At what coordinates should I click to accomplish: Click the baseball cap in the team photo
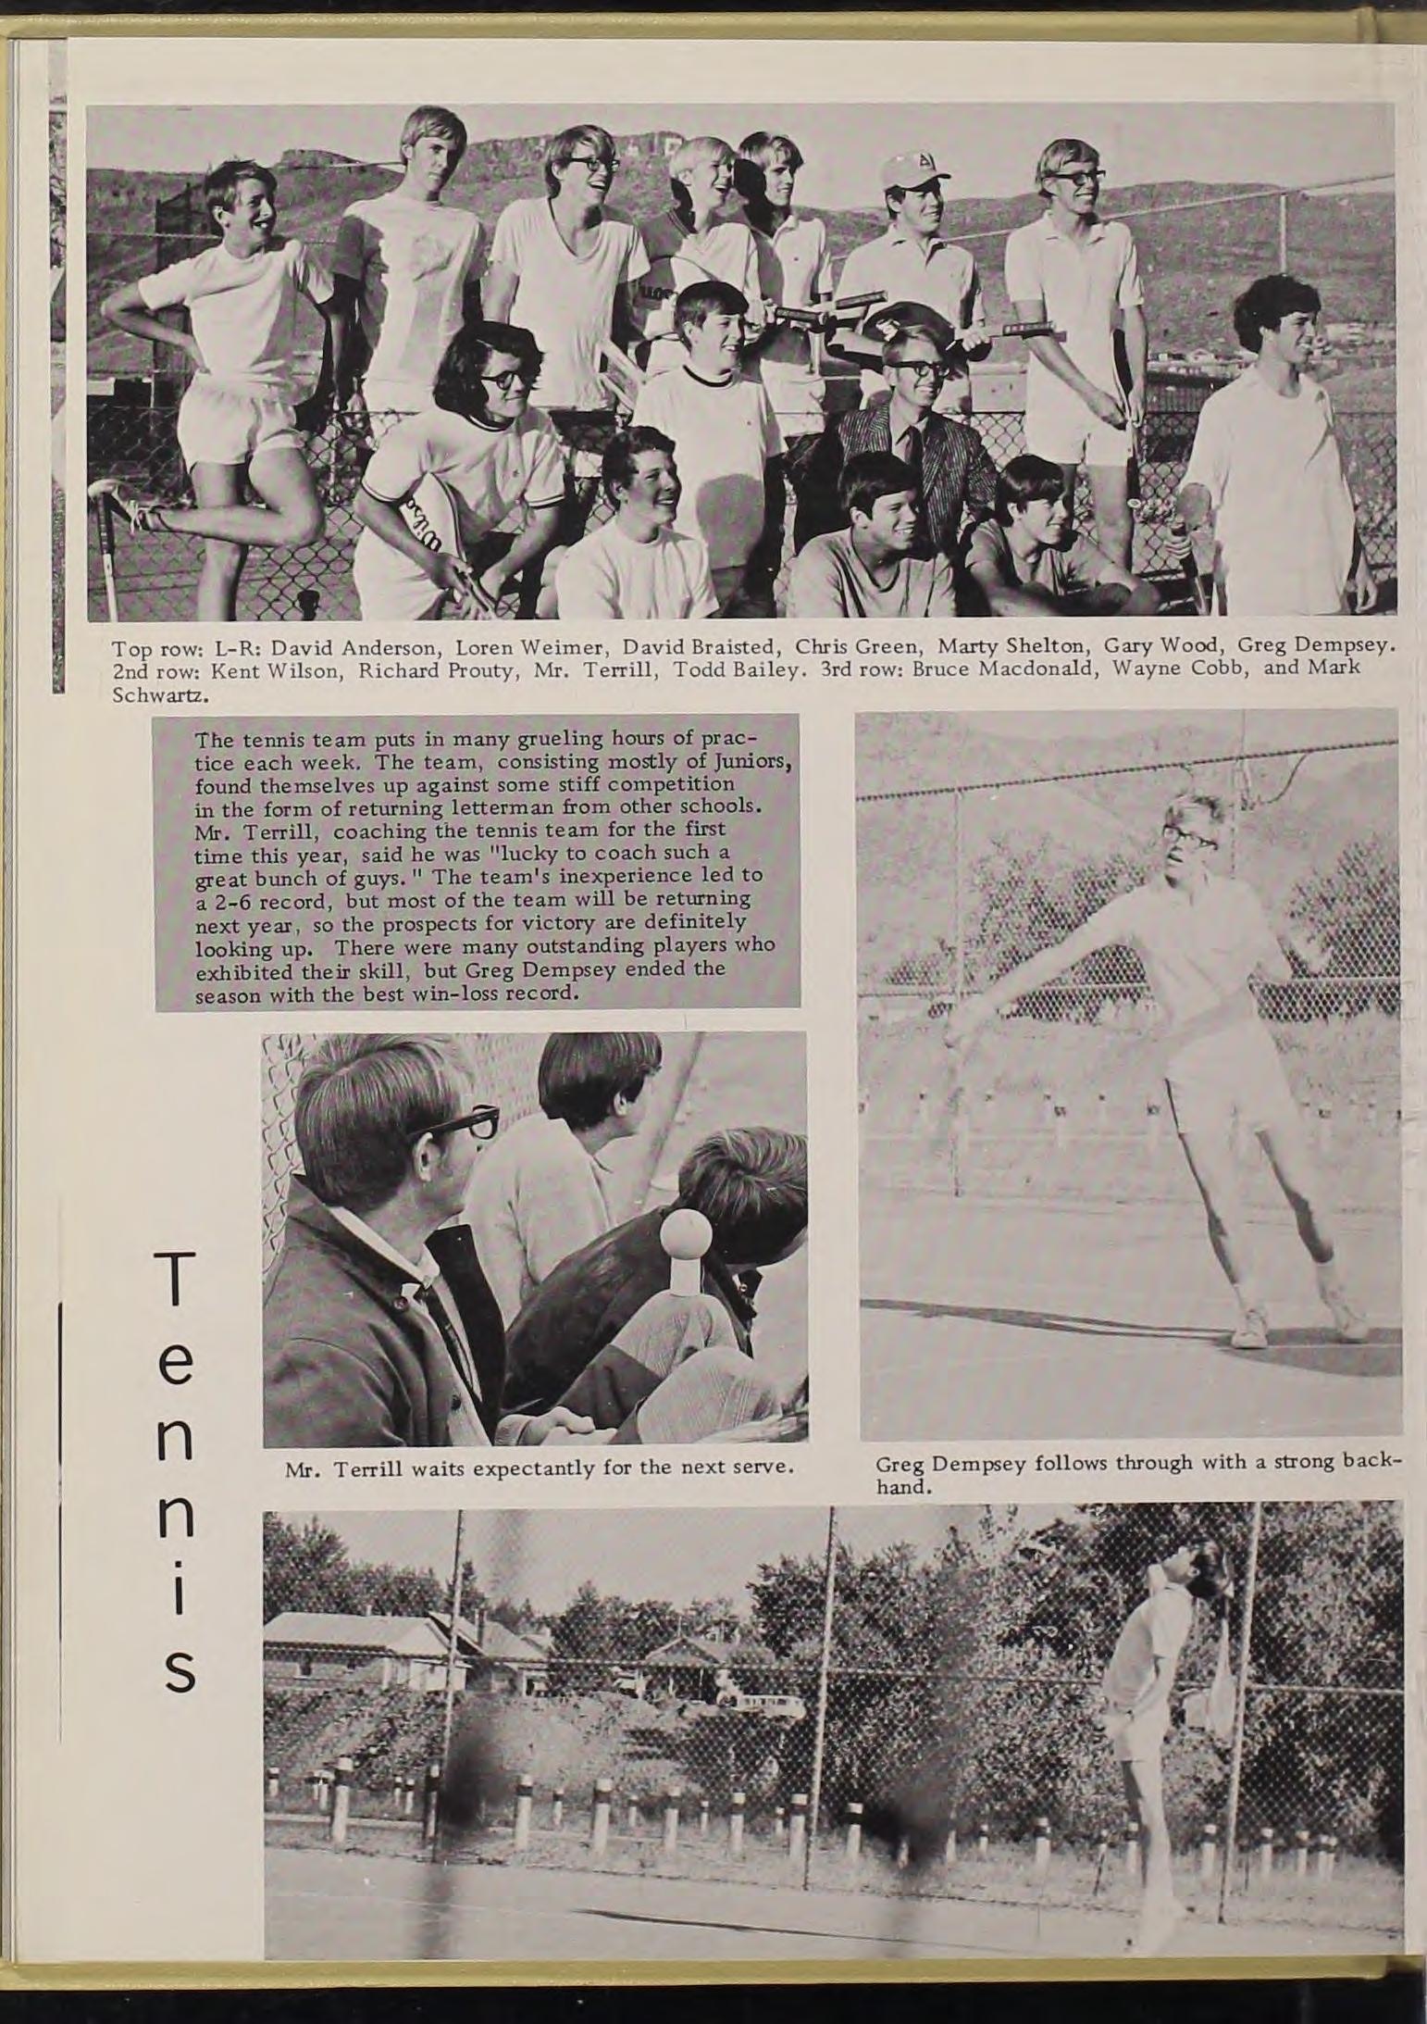(901, 170)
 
